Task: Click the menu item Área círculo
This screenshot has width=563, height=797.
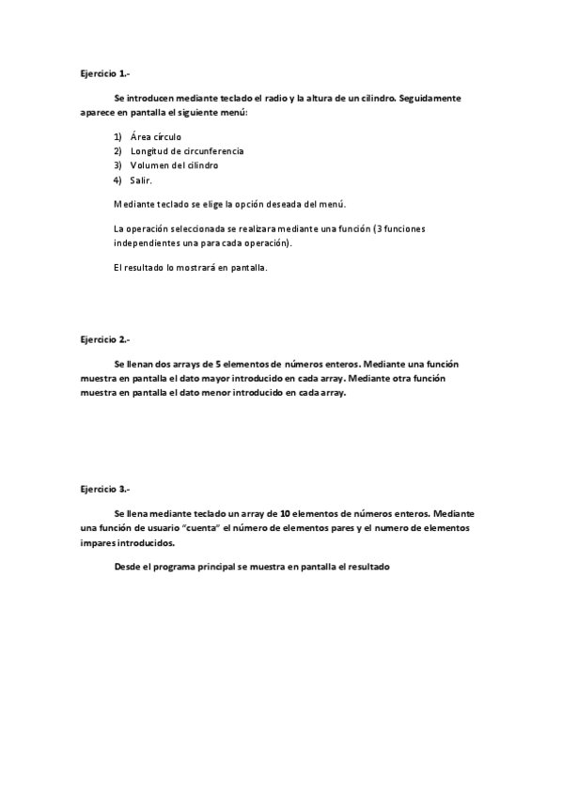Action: [156, 137]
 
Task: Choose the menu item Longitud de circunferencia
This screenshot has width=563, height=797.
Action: [187, 151]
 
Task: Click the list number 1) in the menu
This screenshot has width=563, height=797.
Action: [117, 137]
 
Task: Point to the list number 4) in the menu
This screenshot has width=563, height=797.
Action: [117, 180]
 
